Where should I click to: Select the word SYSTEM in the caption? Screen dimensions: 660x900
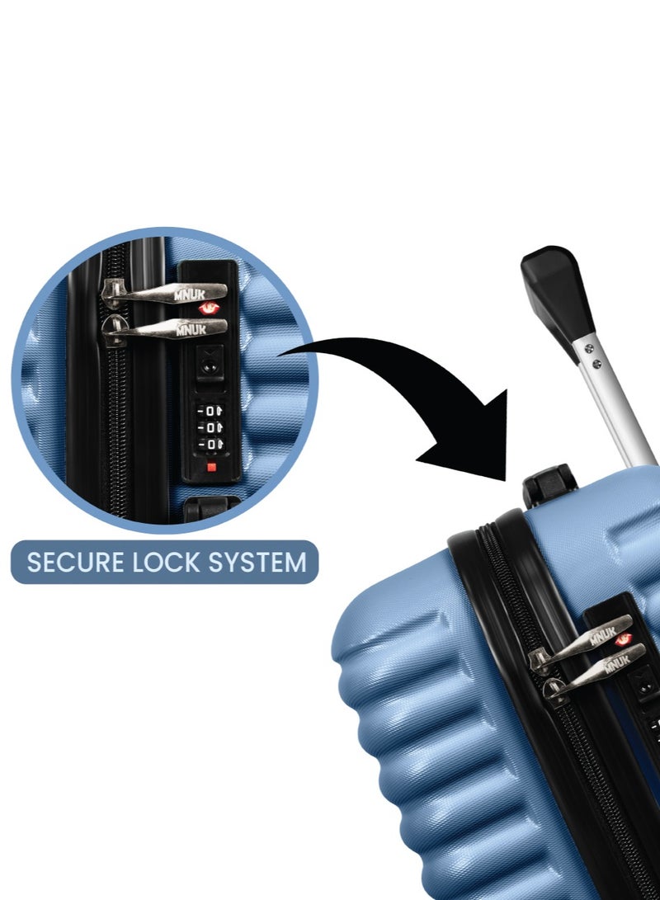(257, 563)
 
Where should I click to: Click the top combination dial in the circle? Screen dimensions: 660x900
(210, 411)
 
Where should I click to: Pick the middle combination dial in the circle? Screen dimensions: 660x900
(210, 427)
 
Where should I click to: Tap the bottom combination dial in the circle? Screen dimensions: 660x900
(210, 445)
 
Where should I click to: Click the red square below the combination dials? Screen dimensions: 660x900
(211, 467)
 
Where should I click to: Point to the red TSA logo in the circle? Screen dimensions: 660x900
(209, 309)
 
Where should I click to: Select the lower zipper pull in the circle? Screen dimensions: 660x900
(164, 329)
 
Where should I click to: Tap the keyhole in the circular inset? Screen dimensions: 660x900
(210, 364)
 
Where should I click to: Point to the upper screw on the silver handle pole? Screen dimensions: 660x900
(588, 347)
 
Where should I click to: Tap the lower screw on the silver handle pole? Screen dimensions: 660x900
(596, 363)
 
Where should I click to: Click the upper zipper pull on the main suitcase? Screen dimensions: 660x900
(581, 642)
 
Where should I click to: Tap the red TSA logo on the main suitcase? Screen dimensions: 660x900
(623, 638)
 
